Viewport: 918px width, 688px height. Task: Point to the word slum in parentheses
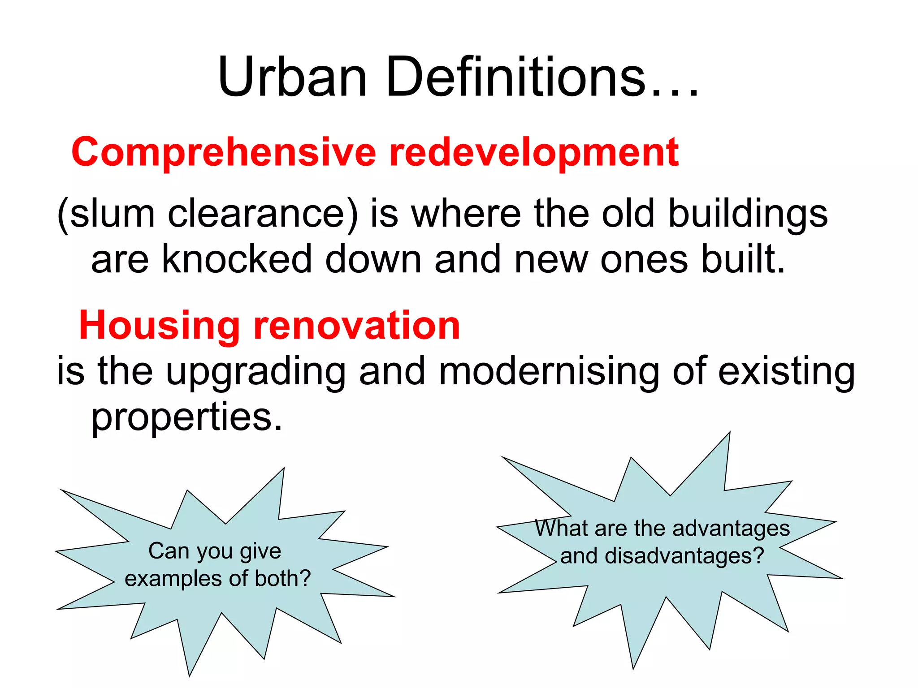[x=112, y=214]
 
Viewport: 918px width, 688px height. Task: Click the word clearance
[x=263, y=214]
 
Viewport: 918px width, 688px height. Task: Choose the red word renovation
[x=357, y=326]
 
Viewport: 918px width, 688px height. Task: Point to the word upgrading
[x=255, y=373]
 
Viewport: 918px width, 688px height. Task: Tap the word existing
[x=787, y=373]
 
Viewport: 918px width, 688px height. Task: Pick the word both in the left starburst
[x=282, y=578]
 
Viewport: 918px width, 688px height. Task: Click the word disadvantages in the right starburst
[x=684, y=556]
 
